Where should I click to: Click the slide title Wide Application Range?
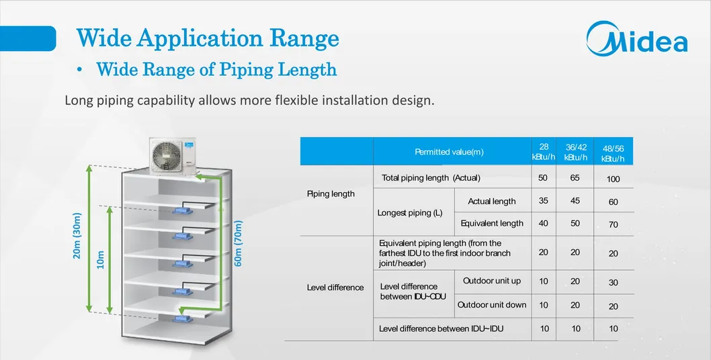[207, 38]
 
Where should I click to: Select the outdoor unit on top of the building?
[174, 153]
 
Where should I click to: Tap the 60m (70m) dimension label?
[238, 243]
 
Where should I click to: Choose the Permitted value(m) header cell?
[449, 152]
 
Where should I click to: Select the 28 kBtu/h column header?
[544, 152]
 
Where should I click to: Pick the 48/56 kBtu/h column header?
[613, 154]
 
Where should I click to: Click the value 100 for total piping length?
[613, 179]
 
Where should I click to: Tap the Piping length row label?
[331, 194]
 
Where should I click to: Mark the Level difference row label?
[335, 287]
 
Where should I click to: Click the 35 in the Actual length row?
[543, 201]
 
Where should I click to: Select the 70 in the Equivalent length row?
[613, 225]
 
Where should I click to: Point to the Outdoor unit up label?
[492, 281]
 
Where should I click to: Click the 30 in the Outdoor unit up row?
[613, 283]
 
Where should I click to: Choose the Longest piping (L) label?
[410, 213]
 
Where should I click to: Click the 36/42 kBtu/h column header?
[575, 152]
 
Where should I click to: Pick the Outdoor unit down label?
[492, 305]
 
